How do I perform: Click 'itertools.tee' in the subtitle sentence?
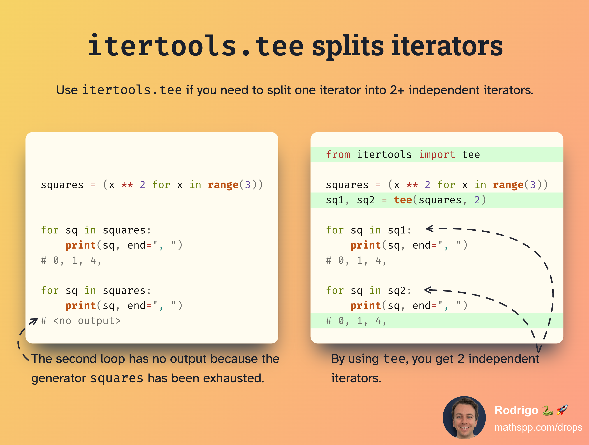click(132, 90)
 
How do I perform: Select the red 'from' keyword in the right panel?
click(338, 155)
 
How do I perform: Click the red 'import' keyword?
click(437, 155)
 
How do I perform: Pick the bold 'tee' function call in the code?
click(403, 200)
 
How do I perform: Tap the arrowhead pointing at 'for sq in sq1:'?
click(430, 229)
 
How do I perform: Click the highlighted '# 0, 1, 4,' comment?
click(356, 321)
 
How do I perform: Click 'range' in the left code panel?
click(223, 185)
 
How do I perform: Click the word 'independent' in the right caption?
click(504, 359)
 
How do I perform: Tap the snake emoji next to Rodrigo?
click(548, 410)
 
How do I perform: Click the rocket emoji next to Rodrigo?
click(562, 410)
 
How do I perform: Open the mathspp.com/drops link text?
click(538, 427)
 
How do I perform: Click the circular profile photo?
click(464, 418)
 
